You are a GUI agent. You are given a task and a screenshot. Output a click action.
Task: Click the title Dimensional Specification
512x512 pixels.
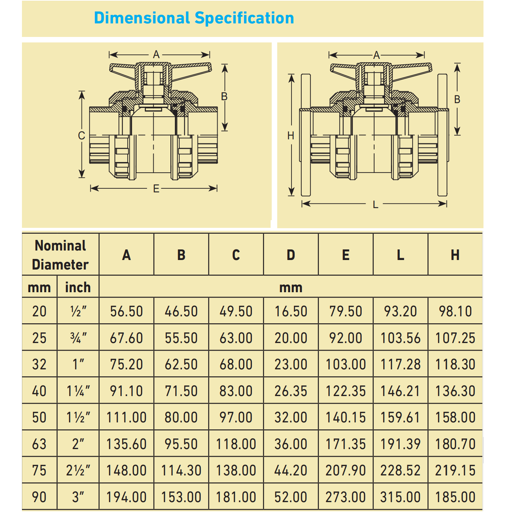[x=194, y=18]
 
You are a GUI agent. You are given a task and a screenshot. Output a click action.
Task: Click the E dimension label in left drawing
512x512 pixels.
[x=156, y=189]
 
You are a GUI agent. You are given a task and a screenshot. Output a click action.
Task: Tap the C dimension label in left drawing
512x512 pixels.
[x=82, y=136]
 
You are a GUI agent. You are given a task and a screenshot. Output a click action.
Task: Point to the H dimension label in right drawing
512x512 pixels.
[x=291, y=136]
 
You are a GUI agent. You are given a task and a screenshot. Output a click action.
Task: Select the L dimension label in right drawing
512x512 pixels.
[x=376, y=205]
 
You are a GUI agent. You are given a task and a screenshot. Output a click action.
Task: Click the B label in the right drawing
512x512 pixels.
[x=457, y=99]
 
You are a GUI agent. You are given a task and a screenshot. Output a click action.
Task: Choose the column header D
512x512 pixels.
[x=291, y=255]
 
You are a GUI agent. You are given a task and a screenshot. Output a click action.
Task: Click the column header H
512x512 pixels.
[x=455, y=255]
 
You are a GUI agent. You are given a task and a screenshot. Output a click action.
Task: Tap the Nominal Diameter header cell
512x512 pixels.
[x=60, y=255]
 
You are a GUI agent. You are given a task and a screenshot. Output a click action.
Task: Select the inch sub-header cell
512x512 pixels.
[x=78, y=287]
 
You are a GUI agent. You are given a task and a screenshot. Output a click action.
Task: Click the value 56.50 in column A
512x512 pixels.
[x=127, y=312]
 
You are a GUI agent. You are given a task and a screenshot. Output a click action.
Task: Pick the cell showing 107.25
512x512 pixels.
[x=455, y=338]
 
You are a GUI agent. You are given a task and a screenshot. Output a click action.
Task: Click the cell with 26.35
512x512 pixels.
[x=291, y=391]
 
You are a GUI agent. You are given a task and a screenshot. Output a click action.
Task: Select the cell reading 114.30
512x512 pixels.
[x=181, y=471]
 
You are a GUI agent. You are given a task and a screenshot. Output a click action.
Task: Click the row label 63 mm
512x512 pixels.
[x=39, y=444]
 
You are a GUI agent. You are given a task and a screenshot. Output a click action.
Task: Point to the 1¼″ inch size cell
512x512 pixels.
[x=78, y=391]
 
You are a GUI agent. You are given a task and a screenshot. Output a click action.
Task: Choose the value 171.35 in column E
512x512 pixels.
[x=346, y=444]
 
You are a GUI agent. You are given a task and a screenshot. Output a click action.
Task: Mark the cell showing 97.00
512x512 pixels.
[x=236, y=418]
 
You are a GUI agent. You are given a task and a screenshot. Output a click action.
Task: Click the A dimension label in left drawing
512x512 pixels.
[x=157, y=54]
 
